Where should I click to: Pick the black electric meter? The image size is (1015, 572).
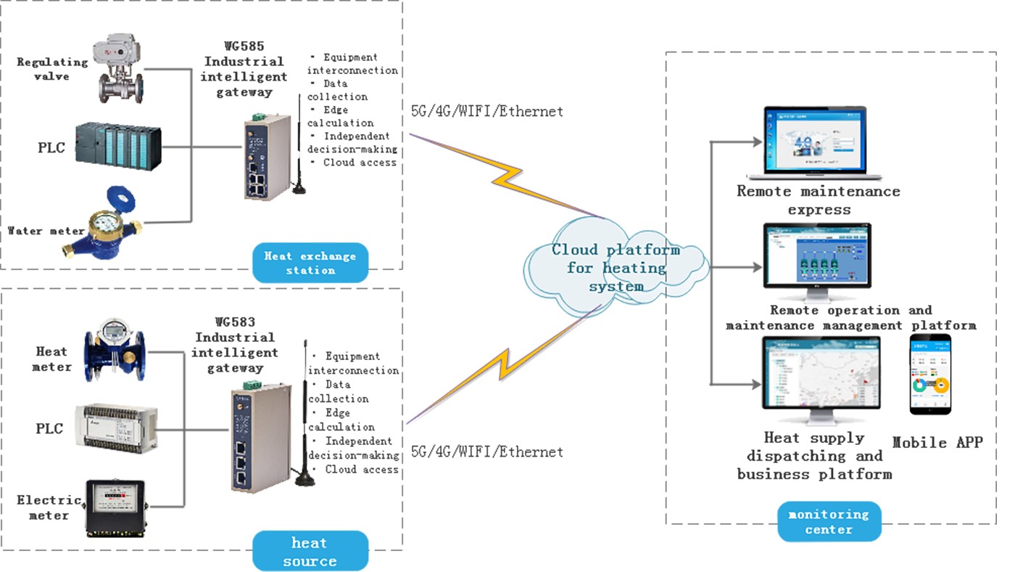click(115, 509)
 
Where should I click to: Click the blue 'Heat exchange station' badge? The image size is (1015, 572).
click(310, 263)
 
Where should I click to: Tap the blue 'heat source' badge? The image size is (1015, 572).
click(310, 552)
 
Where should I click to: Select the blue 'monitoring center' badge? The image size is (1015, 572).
click(829, 521)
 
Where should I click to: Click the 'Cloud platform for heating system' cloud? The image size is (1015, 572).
click(616, 267)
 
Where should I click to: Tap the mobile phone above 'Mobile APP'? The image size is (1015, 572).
click(930, 375)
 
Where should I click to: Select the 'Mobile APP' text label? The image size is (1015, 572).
click(937, 442)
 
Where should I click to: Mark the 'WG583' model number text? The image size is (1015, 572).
click(236, 322)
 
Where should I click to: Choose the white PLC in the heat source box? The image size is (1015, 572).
click(116, 427)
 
